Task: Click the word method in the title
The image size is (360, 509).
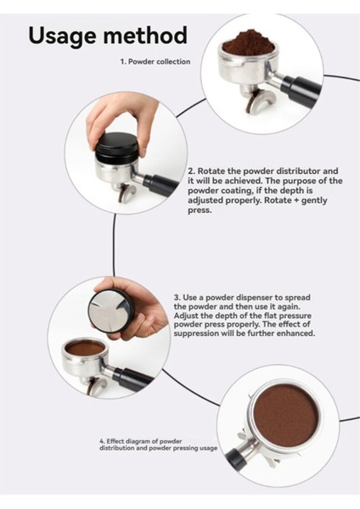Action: click(144, 35)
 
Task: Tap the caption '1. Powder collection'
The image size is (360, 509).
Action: click(155, 62)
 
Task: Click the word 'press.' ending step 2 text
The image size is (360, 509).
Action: click(200, 210)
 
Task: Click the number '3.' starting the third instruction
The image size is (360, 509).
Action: click(177, 298)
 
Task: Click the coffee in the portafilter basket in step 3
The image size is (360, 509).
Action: click(84, 349)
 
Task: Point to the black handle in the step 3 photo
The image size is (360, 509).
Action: click(132, 379)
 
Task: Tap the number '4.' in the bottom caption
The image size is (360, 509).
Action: click(103, 441)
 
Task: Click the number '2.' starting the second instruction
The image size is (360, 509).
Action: click(192, 171)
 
